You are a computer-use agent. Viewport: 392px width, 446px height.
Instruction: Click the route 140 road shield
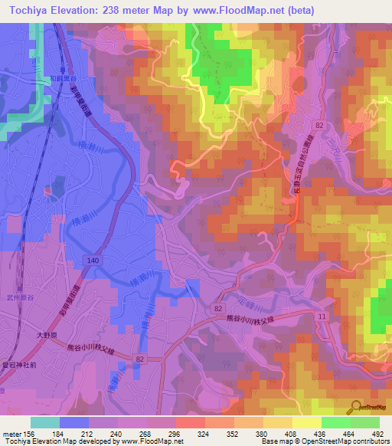coord(93,261)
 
